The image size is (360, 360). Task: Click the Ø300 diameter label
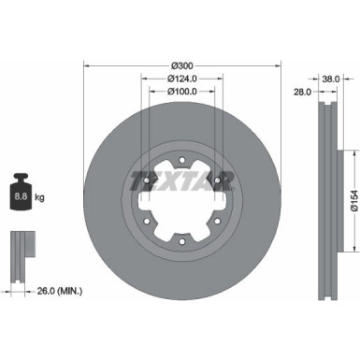[x=182, y=65]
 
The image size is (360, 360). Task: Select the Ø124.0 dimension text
[x=182, y=79]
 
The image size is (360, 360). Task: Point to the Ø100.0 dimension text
[x=182, y=92]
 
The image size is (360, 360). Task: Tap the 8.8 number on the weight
[x=20, y=197]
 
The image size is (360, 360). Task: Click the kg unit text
[x=40, y=197]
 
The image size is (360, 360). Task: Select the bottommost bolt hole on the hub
[x=182, y=220]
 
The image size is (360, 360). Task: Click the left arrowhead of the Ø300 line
[x=87, y=65]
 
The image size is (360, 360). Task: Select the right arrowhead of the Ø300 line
[x=279, y=65]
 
